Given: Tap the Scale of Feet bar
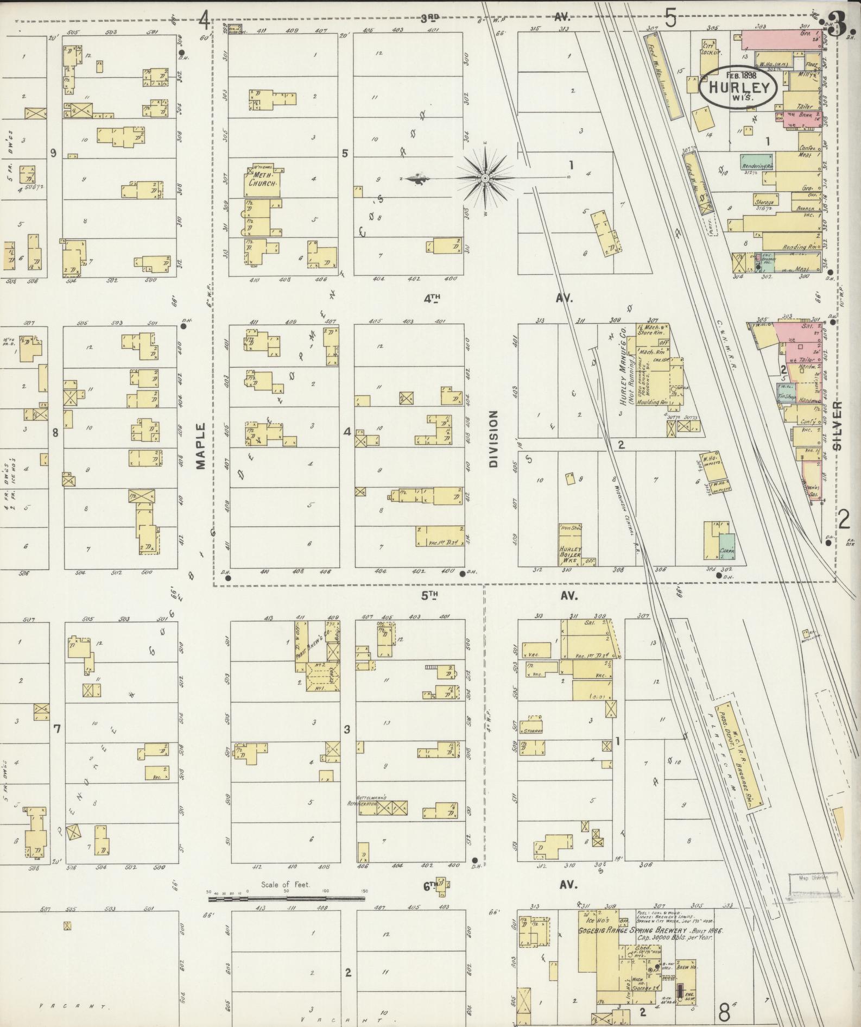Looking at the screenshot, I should [286, 899].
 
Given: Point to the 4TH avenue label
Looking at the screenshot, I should [432, 298].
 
